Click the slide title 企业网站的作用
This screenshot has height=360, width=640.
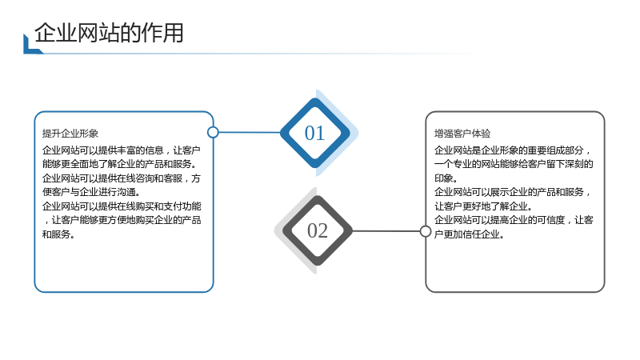(109, 33)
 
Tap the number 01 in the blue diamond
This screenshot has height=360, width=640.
(314, 133)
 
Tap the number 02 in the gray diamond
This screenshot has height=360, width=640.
(318, 231)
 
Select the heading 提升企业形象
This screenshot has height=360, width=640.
(70, 134)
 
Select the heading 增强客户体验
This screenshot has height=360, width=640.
(462, 134)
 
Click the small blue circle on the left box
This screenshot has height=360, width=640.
(213, 132)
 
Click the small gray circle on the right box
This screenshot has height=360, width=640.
(426, 231)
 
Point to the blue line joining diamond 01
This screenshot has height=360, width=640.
(250, 132)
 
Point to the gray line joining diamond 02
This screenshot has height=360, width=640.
(386, 231)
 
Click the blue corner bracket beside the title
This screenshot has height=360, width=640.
(30, 48)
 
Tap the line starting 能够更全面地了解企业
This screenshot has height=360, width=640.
(119, 164)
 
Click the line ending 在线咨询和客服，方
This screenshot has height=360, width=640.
(122, 178)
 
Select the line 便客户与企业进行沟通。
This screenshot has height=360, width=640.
(91, 192)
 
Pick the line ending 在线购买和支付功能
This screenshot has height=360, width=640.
(122, 206)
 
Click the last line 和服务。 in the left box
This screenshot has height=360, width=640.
(58, 234)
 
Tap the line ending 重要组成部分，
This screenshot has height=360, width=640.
(513, 150)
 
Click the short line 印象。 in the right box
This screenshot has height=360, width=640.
(446, 178)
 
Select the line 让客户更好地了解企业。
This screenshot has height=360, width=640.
(483, 206)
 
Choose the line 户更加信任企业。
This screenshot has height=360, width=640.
(469, 234)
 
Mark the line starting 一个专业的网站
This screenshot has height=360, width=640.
(514, 164)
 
